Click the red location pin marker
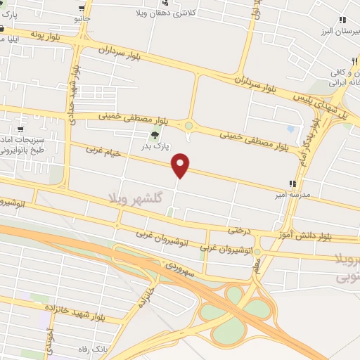181,165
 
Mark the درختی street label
240,230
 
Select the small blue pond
291,129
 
